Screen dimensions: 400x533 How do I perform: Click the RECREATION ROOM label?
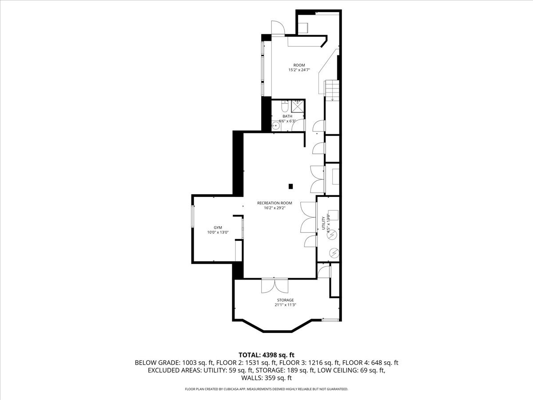point(274,203)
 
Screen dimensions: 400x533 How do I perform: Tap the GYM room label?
point(218,227)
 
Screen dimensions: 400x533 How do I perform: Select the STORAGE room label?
point(285,300)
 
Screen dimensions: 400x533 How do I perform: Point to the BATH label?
point(287,116)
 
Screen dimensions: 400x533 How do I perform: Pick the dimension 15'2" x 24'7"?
point(299,70)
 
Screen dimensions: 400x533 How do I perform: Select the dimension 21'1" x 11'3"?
point(285,305)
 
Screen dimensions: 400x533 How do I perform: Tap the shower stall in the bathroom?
point(297,106)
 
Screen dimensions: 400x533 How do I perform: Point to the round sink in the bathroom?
point(276,126)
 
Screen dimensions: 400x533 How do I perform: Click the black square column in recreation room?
point(291,186)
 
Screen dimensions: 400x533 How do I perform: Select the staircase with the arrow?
point(332,90)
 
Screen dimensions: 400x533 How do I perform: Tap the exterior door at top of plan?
point(278,28)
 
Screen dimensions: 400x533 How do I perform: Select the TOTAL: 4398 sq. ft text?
point(266,355)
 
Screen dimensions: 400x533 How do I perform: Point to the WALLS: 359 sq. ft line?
point(266,378)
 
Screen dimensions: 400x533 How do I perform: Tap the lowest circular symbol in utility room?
point(333,253)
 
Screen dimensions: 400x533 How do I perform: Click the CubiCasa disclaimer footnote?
point(266,389)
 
